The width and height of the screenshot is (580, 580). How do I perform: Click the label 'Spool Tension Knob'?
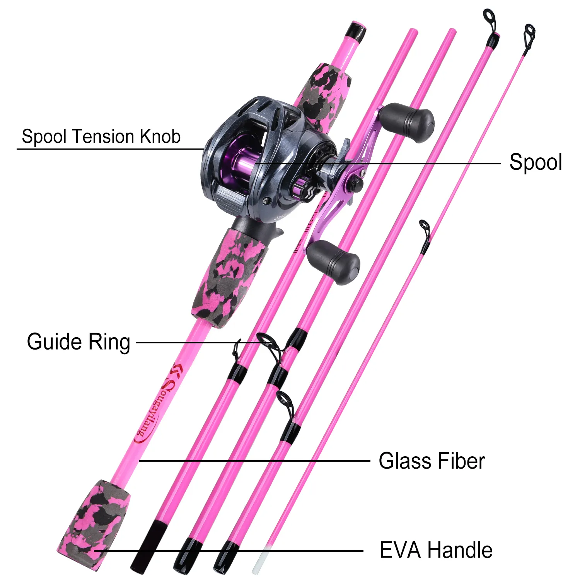[101, 137]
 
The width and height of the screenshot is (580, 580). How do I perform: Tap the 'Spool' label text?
[535, 162]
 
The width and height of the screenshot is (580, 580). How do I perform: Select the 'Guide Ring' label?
[78, 342]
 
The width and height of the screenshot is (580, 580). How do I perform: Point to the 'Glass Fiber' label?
[432, 461]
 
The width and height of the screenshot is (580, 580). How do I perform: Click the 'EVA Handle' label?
[436, 550]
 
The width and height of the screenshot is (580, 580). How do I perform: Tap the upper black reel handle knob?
[408, 122]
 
